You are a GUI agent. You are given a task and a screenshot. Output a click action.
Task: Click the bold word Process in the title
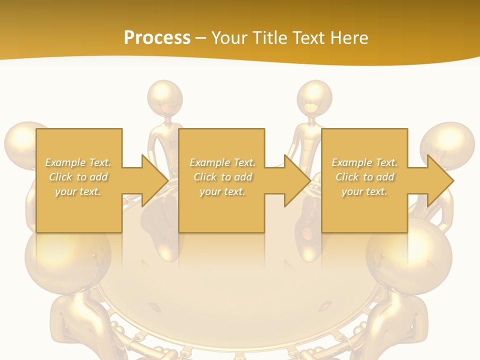[x=157, y=37]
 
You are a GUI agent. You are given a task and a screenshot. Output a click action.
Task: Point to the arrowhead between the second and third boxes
[x=297, y=180]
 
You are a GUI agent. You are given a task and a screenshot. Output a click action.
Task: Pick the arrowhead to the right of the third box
[x=439, y=180]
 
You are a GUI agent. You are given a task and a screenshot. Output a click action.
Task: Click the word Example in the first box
[x=65, y=162]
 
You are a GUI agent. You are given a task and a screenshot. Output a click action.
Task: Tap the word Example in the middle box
[x=209, y=162]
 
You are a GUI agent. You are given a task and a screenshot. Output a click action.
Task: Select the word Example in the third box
[x=351, y=162]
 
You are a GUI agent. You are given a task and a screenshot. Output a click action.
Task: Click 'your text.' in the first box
[x=78, y=191]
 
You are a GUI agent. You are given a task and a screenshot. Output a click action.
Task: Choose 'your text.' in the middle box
[x=222, y=191]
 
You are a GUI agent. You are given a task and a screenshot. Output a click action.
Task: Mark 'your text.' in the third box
[x=364, y=191]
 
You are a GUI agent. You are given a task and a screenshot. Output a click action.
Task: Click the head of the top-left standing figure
[x=165, y=97]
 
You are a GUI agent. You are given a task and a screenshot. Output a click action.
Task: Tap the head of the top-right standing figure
[x=314, y=97]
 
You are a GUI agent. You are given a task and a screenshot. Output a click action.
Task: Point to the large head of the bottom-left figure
[x=67, y=255]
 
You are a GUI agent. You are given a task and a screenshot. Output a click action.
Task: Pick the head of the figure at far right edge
[x=447, y=145]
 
